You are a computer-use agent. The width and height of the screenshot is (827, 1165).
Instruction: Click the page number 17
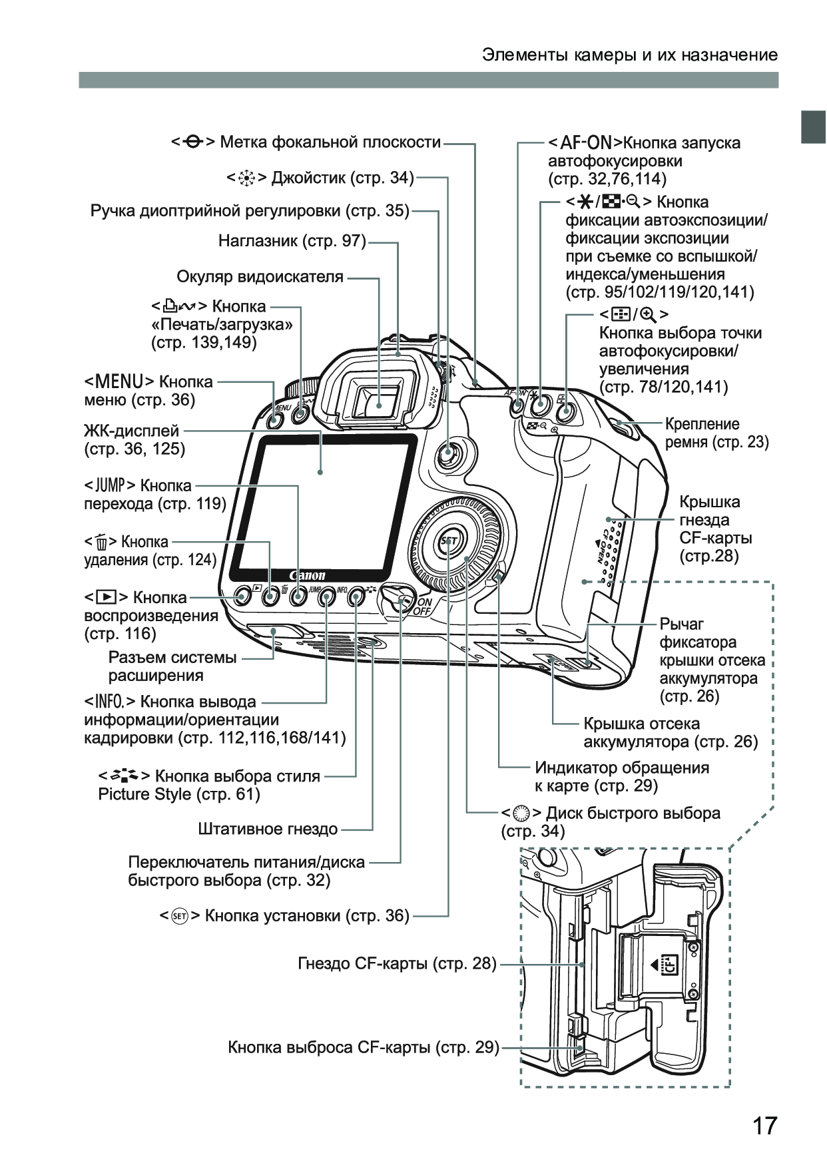click(x=764, y=1126)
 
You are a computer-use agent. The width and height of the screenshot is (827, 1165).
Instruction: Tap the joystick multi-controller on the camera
click(x=447, y=455)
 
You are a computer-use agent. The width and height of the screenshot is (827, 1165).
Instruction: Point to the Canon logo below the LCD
click(x=307, y=575)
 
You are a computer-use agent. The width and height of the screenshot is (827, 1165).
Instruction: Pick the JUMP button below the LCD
click(x=298, y=597)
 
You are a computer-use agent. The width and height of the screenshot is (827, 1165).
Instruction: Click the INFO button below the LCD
click(x=326, y=598)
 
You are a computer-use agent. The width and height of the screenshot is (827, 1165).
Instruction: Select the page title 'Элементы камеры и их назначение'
click(x=630, y=55)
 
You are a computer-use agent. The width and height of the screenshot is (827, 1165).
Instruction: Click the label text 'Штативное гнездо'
click(x=268, y=829)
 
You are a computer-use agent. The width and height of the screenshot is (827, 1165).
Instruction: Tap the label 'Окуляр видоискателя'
click(x=260, y=276)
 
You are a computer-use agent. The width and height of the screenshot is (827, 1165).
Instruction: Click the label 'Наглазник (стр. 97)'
click(x=292, y=241)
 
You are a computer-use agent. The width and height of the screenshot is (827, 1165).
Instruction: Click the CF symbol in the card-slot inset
click(x=671, y=964)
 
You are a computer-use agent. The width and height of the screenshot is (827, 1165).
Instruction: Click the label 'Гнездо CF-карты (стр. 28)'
click(x=397, y=963)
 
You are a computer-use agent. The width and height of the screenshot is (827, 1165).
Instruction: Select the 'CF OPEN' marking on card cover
click(x=602, y=546)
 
